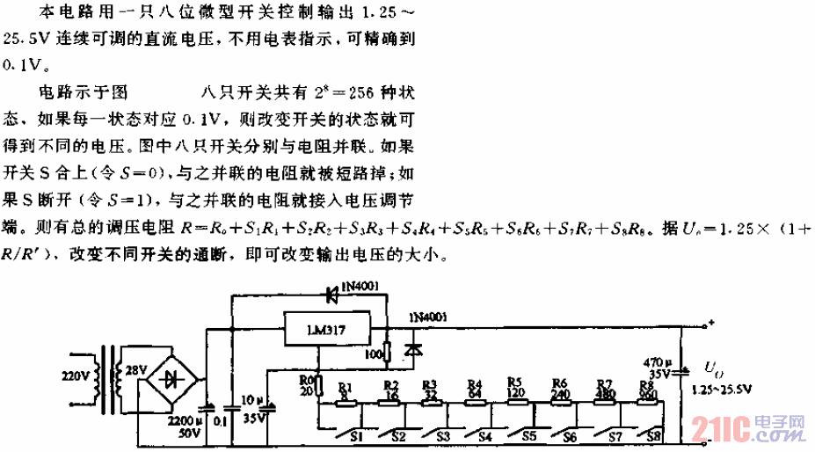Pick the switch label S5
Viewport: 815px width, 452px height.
(528, 434)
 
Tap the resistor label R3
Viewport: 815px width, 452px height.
(430, 383)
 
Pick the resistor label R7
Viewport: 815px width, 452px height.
(604, 383)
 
